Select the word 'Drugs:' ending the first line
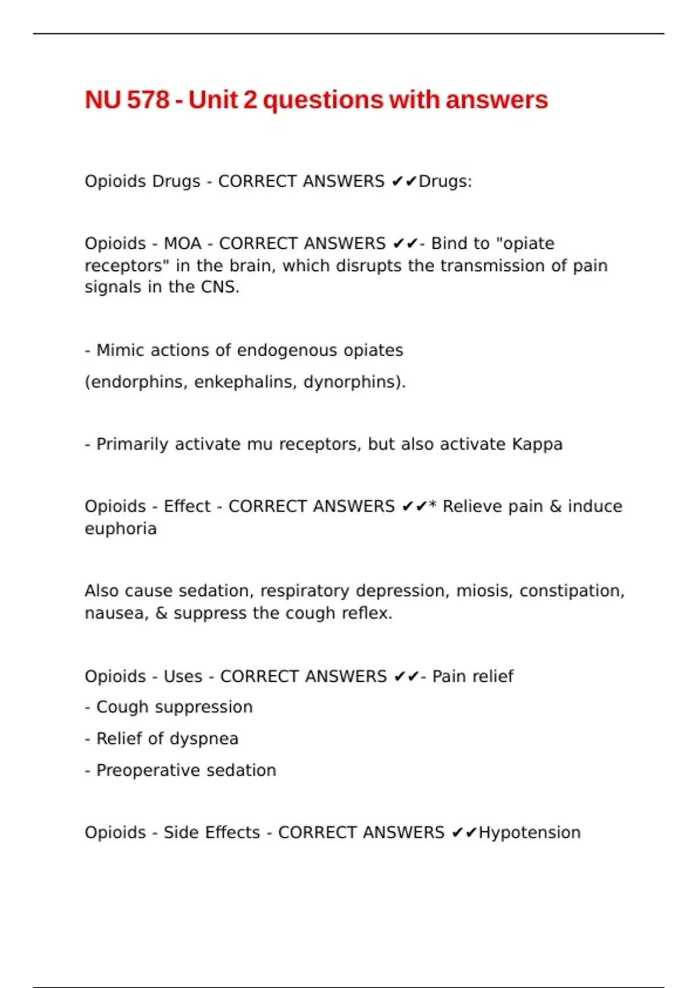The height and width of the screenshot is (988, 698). pyautogui.click(x=446, y=181)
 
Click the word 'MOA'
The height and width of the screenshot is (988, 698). pyautogui.click(x=183, y=244)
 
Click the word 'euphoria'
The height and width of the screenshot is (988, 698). pyautogui.click(x=120, y=529)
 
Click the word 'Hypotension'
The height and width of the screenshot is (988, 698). pyautogui.click(x=529, y=833)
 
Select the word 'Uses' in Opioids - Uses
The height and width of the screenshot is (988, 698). pyautogui.click(x=183, y=676)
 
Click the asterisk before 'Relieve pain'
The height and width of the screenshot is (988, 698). pyautogui.click(x=433, y=505)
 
